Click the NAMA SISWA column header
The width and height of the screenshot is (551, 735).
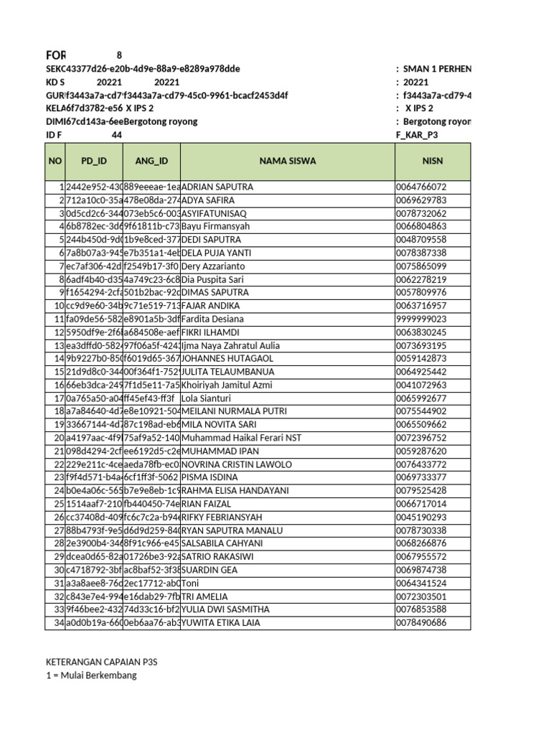[287, 161]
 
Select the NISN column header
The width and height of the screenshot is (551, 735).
[433, 161]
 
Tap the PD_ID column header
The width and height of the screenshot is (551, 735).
[93, 161]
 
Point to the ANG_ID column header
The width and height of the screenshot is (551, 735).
[151, 161]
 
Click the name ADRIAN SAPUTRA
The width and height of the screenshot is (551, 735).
[217, 187]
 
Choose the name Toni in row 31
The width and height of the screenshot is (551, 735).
[191, 583]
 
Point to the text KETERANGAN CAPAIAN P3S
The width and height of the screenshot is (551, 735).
[102, 662]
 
